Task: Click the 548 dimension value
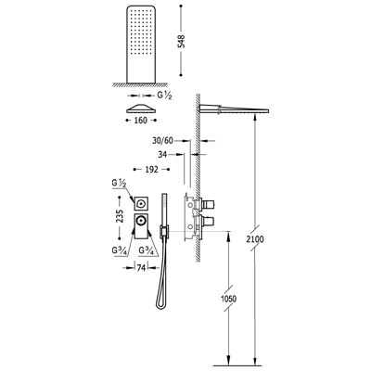pos(182,41)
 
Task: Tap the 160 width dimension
pos(141,121)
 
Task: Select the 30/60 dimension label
pos(162,141)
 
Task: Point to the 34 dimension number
pos(163,154)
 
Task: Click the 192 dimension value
pos(151,170)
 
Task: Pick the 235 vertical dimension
pos(120,216)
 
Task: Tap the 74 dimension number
pos(141,268)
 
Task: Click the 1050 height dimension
pos(229,299)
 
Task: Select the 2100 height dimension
pos(255,239)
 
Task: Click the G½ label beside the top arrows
pos(165,96)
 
